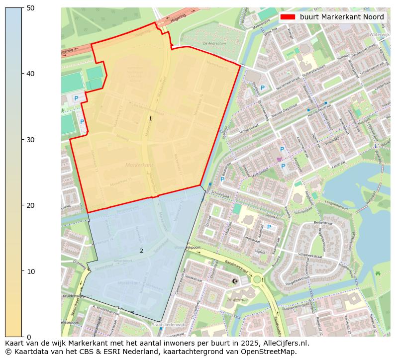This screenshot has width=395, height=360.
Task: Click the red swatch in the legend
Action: (x=288, y=17)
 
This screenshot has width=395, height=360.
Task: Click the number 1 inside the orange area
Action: (x=150, y=118)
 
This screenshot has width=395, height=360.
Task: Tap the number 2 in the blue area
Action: (x=141, y=251)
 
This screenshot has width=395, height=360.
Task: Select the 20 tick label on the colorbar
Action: (x=30, y=205)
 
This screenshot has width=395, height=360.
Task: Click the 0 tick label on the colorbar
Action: (x=28, y=337)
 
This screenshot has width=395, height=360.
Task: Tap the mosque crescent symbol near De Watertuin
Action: (x=235, y=281)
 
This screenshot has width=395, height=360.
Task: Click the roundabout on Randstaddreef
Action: (x=257, y=279)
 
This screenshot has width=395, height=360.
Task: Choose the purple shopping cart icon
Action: (x=279, y=159)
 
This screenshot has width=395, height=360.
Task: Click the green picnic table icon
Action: (x=378, y=273)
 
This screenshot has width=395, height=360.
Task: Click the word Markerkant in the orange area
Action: (x=140, y=165)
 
